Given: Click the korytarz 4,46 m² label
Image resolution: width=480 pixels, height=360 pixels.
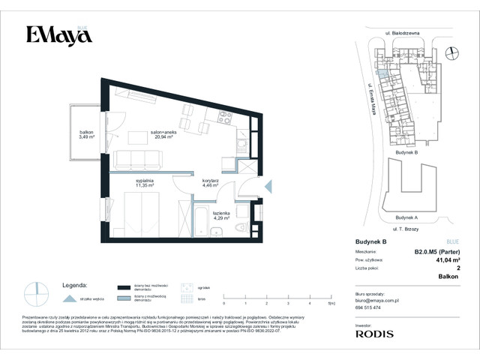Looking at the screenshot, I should [x=210, y=183].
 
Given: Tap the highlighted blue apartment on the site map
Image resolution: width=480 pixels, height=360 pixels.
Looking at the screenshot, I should [x=383, y=73].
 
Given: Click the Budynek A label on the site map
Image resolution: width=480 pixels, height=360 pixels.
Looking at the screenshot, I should [x=405, y=217].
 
